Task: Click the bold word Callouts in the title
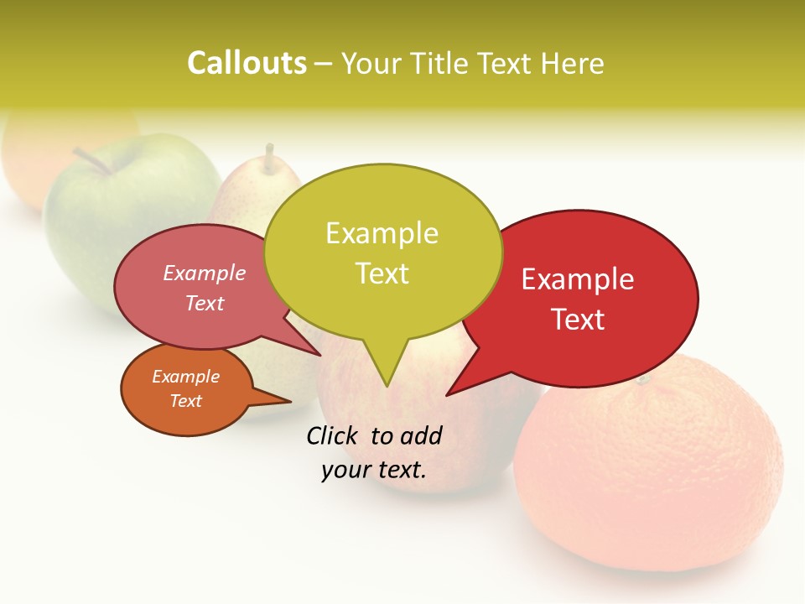(247, 63)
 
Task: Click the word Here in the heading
(572, 63)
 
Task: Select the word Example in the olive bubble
(382, 233)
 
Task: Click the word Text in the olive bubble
(382, 273)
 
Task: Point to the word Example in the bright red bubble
(578, 279)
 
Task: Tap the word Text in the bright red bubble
(578, 320)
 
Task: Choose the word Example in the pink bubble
(204, 273)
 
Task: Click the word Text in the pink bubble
(204, 303)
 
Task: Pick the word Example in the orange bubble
(185, 377)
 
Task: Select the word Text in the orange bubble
(185, 401)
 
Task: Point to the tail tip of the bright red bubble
(449, 393)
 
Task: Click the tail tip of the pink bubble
(319, 354)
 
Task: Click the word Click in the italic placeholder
(335, 435)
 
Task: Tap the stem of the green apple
(91, 160)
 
